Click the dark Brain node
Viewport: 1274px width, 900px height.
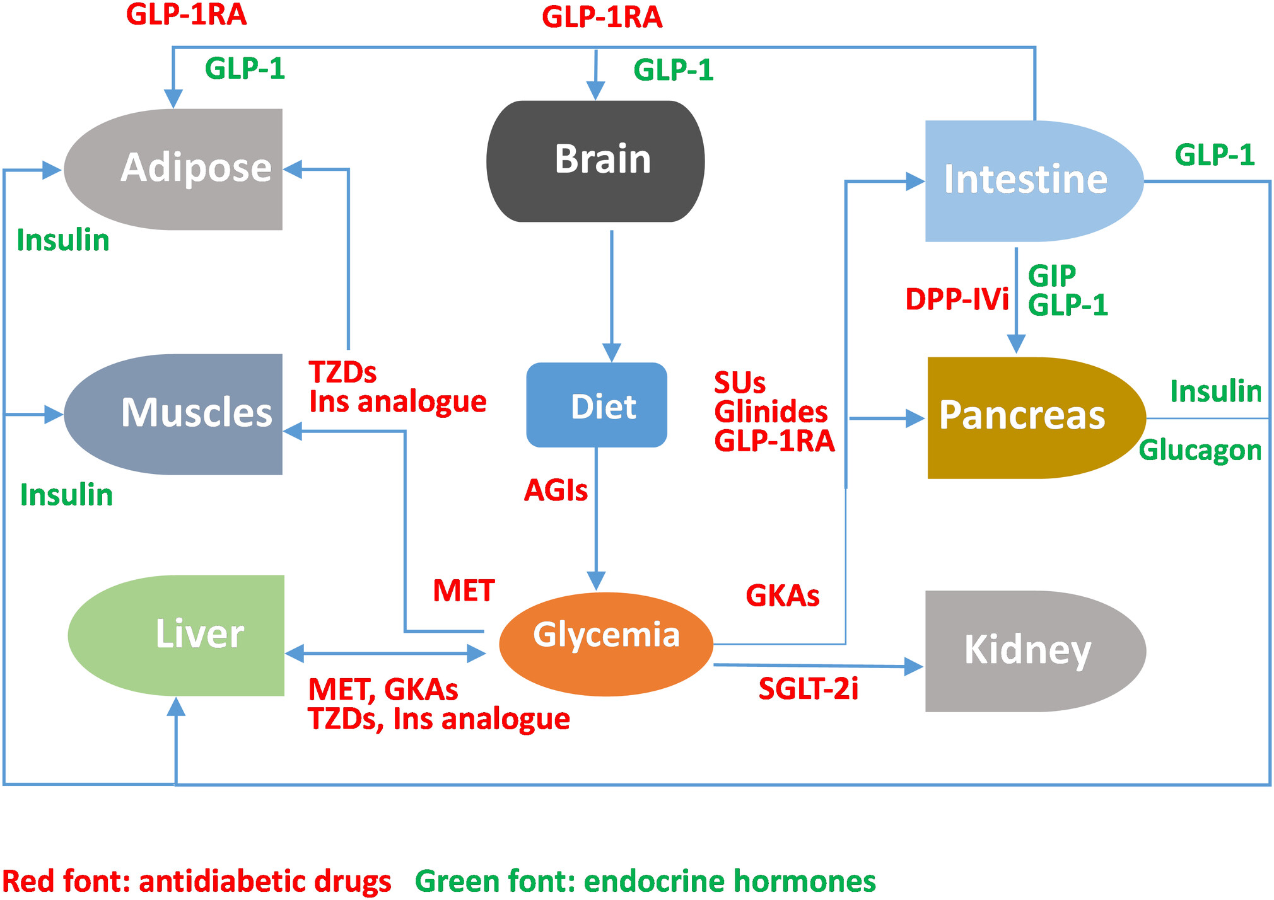pyautogui.click(x=595, y=161)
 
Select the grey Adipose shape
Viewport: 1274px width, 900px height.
pyautogui.click(x=173, y=169)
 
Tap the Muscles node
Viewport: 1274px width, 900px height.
pyautogui.click(x=173, y=414)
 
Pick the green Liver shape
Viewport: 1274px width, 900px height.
pyautogui.click(x=176, y=635)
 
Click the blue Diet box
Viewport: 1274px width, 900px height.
pyautogui.click(x=597, y=405)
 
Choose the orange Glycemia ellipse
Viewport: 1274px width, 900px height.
pyautogui.click(x=606, y=644)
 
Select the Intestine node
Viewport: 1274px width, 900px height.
pyautogui.click(x=1034, y=181)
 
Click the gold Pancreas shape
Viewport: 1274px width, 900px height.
pyautogui.click(x=1036, y=418)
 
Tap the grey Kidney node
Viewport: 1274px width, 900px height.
pyautogui.click(x=1036, y=651)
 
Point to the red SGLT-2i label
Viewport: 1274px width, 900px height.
pyautogui.click(x=808, y=689)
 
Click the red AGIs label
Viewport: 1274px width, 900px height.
pyautogui.click(x=556, y=490)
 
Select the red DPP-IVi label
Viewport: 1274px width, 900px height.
pyautogui.click(x=957, y=299)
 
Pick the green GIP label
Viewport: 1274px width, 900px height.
pyautogui.click(x=1051, y=275)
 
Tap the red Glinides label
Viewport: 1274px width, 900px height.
pyautogui.click(x=771, y=412)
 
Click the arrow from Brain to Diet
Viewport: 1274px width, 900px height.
pyautogui.click(x=612, y=296)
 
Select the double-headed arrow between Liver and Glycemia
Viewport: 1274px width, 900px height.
pyautogui.click(x=385, y=654)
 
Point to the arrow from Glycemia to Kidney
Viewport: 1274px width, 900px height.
pyautogui.click(x=819, y=666)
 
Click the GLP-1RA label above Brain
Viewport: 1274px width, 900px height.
pyautogui.click(x=602, y=17)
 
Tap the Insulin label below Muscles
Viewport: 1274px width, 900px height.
pyautogui.click(x=67, y=495)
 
